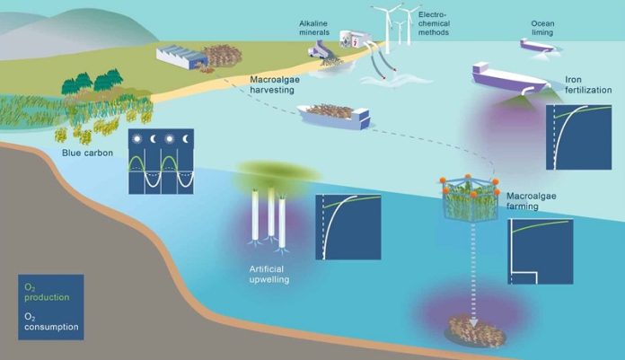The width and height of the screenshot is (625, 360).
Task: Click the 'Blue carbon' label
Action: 87,153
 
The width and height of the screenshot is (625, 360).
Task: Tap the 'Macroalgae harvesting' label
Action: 275,84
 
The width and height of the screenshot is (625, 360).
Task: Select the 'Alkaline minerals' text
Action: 314,28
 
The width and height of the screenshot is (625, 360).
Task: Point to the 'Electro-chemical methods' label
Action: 434,23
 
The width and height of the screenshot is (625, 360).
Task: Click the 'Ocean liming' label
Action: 542,28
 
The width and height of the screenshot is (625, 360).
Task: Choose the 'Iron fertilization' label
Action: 588,84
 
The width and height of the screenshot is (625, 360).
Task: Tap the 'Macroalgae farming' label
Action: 531,201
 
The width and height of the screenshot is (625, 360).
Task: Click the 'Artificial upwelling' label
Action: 269,274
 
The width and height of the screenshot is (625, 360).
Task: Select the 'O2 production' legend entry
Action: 47,293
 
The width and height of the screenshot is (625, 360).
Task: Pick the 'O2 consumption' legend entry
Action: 51,321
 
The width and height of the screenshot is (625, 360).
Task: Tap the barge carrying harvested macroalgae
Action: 335,115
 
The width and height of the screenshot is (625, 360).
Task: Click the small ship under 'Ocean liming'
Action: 537,45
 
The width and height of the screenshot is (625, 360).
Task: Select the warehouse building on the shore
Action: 181,57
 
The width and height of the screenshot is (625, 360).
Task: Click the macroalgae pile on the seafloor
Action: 474,330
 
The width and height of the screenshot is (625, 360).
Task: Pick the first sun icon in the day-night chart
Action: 136,139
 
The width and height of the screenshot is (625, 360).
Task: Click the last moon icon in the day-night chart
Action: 186,139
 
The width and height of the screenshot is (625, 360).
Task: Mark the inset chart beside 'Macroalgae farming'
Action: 541,251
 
